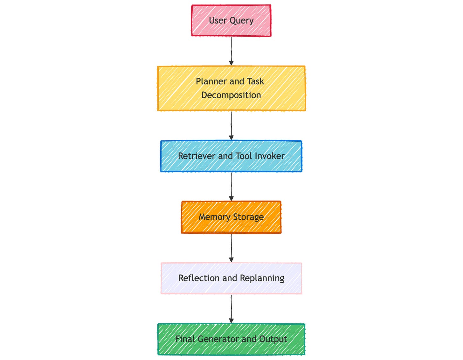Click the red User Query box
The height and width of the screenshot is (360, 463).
[231, 20]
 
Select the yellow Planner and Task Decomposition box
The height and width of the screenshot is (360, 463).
[231, 88]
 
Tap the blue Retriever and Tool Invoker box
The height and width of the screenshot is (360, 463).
[231, 156]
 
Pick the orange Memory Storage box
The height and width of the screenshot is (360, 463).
[231, 217]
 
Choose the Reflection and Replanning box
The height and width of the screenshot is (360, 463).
[231, 278]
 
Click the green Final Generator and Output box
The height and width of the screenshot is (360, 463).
[231, 339]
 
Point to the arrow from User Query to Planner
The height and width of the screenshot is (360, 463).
[231, 51]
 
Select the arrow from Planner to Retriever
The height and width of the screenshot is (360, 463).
[231, 125]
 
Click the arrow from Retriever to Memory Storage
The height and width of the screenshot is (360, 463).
[231, 187]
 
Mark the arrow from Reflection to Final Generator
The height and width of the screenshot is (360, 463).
[231, 309]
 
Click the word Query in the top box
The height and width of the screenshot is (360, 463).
[241, 21]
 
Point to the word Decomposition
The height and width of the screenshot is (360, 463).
[231, 95]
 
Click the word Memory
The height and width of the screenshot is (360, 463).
[215, 217]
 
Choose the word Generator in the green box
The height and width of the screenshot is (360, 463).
[218, 339]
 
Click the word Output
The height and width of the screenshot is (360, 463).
[273, 339]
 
